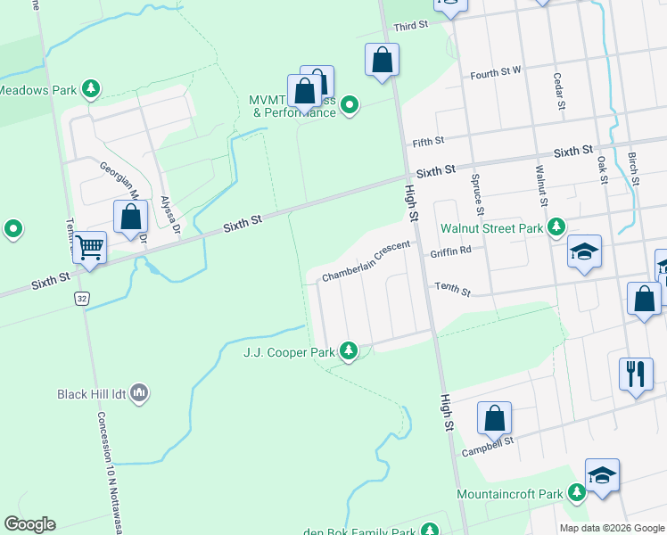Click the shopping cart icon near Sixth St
point(90,247)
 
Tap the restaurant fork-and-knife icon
point(635,373)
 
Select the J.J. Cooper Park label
point(290,352)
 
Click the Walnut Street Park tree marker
point(556,228)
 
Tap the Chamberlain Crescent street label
point(366,261)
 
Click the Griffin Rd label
point(449,252)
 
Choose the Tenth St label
point(451,287)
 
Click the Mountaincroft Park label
point(510,493)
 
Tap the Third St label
point(412,27)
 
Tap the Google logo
point(29,524)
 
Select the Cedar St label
point(559,92)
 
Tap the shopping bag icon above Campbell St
point(494,417)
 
